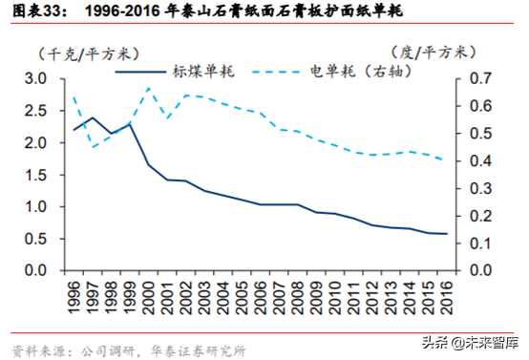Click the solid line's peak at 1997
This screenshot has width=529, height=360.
click(93, 117)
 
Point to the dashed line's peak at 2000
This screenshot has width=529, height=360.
click(149, 88)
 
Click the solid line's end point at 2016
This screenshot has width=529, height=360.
click(446, 234)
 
